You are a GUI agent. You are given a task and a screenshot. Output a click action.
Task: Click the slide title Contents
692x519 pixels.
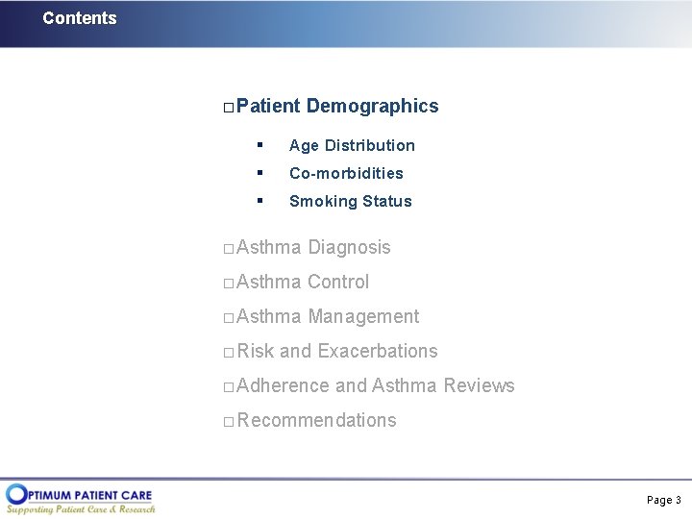tap(80, 18)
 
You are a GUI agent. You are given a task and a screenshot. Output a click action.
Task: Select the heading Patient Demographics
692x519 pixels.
tap(337, 106)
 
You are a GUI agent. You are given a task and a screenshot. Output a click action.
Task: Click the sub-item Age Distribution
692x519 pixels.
tap(352, 146)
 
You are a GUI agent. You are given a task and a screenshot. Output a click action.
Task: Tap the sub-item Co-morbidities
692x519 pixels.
tap(346, 174)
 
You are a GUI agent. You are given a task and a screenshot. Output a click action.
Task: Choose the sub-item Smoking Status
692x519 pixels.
tap(350, 202)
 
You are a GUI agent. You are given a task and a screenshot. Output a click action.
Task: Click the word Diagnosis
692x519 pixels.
tap(349, 248)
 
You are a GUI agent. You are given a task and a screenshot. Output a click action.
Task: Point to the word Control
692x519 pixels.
tap(337, 283)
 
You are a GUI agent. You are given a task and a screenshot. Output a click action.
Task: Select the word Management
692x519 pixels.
tap(363, 317)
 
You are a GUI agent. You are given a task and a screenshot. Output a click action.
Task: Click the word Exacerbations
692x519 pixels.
tap(377, 352)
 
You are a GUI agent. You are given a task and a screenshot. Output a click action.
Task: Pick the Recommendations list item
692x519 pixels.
tap(316, 421)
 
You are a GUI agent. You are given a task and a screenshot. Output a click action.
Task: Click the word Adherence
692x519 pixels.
tap(283, 386)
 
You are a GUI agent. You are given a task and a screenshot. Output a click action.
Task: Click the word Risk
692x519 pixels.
tap(256, 352)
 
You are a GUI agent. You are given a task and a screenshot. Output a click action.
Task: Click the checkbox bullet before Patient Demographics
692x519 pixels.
tap(228, 107)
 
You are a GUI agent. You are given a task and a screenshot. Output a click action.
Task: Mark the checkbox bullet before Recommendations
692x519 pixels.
tap(228, 422)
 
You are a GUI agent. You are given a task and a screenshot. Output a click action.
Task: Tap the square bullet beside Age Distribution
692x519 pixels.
tap(259, 145)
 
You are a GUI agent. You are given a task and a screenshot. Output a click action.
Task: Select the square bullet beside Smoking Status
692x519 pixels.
tap(259, 201)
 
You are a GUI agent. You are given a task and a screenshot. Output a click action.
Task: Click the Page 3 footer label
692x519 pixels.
tap(663, 500)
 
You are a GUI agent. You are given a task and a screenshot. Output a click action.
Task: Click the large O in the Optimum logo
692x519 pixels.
tap(16, 495)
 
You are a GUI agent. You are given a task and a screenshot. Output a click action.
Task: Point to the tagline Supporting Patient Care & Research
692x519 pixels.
tap(82, 509)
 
